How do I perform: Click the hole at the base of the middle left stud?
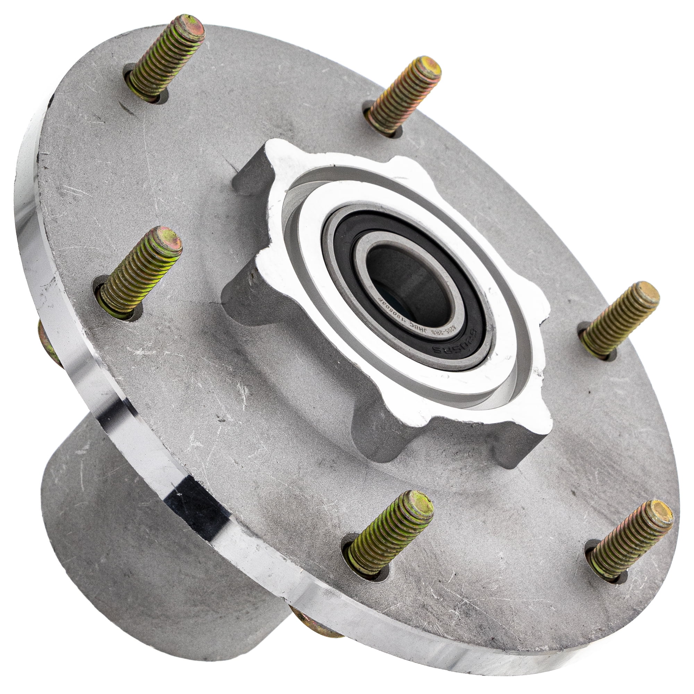pyautogui.click(x=119, y=309)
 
